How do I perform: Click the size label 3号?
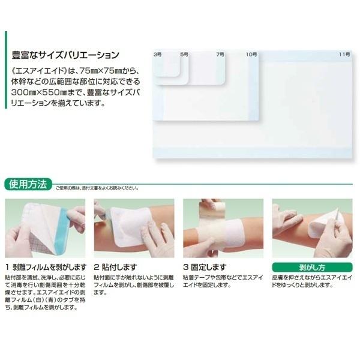click(158, 55)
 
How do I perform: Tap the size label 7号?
click(220, 55)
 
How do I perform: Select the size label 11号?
click(343, 55)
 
